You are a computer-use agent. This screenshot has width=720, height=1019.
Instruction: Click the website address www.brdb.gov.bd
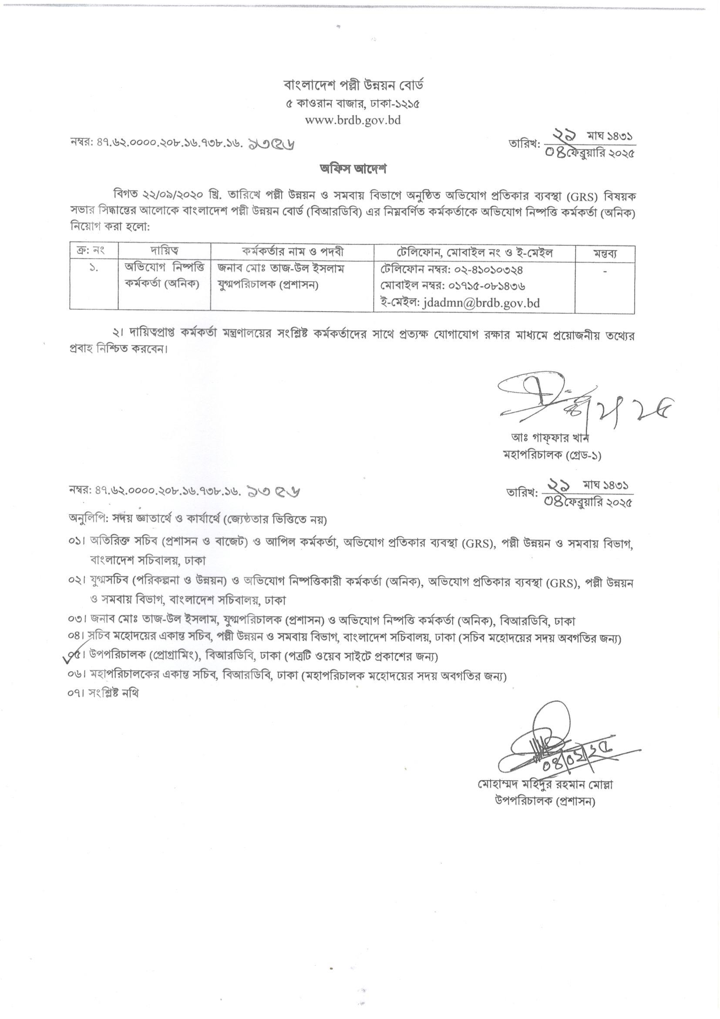pos(353,120)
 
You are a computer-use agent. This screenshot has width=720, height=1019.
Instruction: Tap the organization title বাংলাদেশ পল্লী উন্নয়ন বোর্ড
pos(353,85)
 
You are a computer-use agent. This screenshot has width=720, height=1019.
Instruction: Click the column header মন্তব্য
pos(605,253)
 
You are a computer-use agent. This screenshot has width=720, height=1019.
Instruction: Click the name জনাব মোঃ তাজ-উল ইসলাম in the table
pos(281,269)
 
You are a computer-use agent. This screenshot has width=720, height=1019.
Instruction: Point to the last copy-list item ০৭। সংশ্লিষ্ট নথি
pos(104,693)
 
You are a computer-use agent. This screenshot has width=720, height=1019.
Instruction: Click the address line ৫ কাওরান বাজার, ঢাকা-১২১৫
pos(353,104)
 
